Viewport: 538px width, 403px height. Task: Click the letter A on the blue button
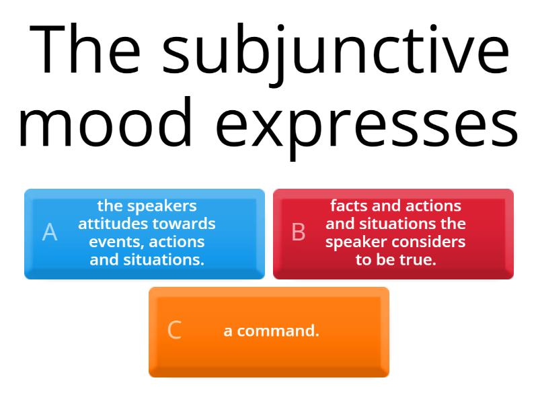click(50, 232)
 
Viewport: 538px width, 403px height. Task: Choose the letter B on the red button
click(299, 232)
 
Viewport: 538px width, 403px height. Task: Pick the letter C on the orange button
click(174, 330)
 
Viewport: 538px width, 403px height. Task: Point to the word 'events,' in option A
click(117, 242)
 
